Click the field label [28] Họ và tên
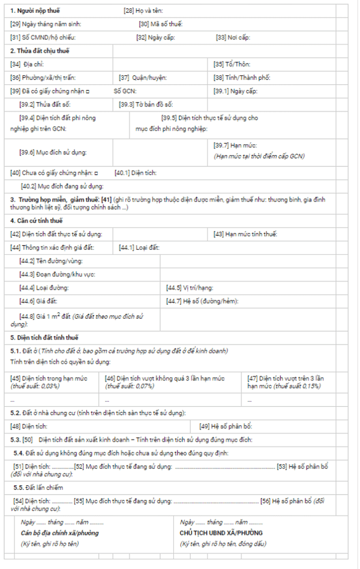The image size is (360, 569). (x=143, y=10)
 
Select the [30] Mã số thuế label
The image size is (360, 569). (x=161, y=24)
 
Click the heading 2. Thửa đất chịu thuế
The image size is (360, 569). (x=40, y=51)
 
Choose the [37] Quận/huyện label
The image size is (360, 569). (x=143, y=78)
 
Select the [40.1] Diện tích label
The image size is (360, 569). (x=136, y=173)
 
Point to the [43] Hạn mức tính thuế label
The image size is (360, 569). (x=246, y=234)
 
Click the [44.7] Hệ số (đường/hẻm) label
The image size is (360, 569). (x=202, y=301)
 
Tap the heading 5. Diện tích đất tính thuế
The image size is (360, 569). (x=44, y=338)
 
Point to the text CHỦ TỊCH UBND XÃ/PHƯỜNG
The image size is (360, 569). (x=221, y=533)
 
